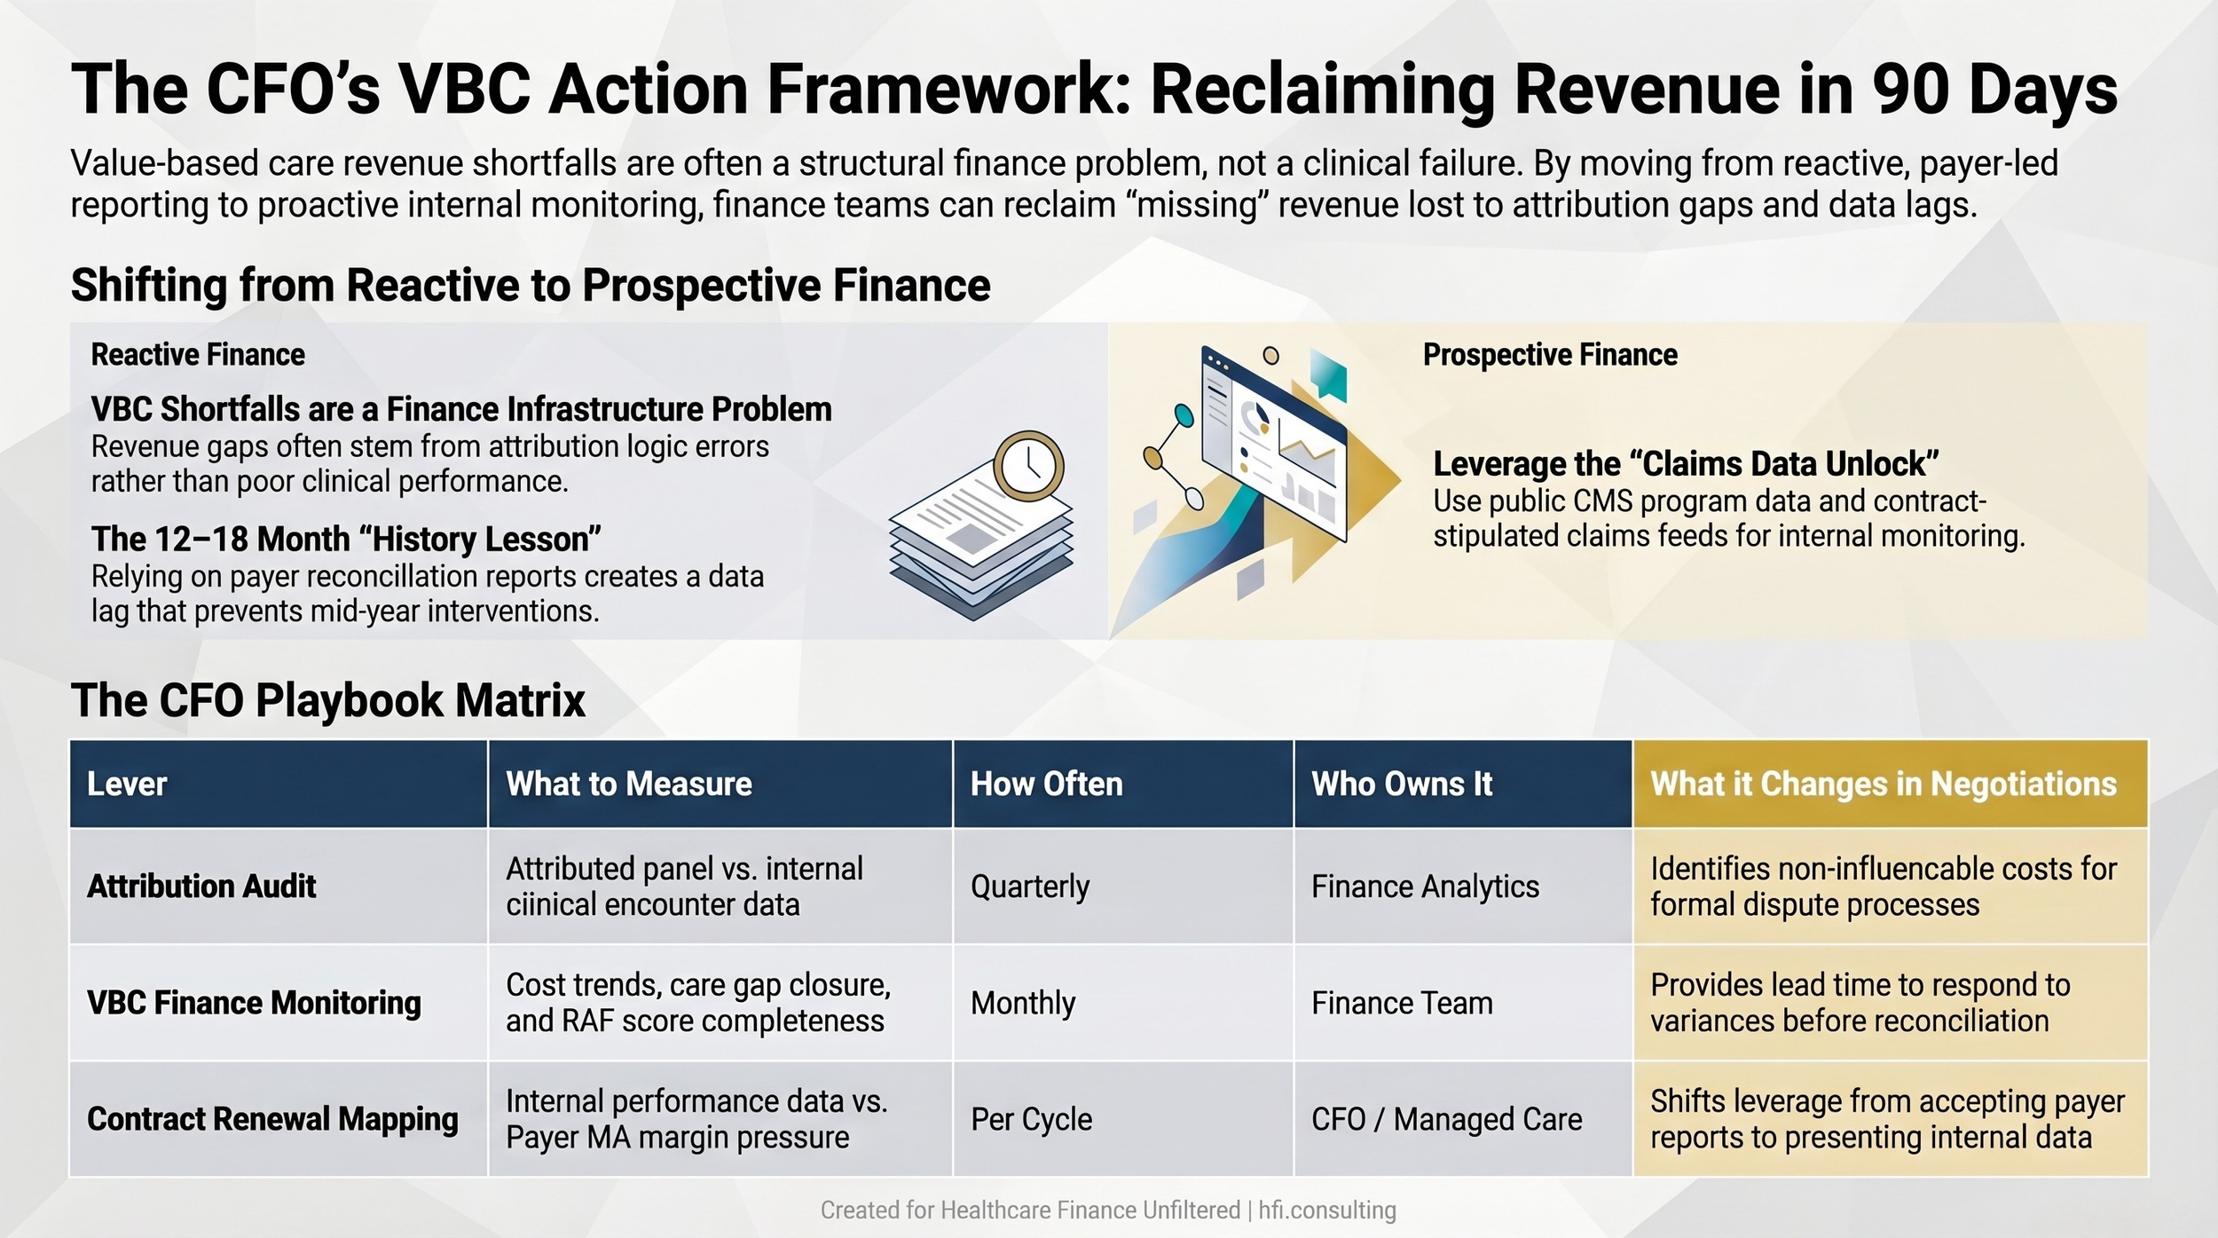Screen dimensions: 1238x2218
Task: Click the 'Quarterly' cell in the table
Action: pyautogui.click(x=1029, y=887)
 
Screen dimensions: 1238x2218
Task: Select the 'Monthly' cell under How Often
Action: pyautogui.click(x=1023, y=1003)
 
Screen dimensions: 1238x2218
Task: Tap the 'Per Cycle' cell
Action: pyautogui.click(x=1031, y=1119)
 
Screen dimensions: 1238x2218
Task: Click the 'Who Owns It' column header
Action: pyautogui.click(x=1402, y=784)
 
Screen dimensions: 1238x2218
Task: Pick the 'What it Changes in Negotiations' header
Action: pyautogui.click(x=1883, y=784)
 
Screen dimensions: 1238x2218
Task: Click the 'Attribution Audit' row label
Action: pyautogui.click(x=201, y=887)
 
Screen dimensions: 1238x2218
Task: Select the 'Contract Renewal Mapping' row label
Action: pyautogui.click(x=272, y=1119)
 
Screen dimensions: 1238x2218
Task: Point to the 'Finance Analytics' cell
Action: pyautogui.click(x=1425, y=887)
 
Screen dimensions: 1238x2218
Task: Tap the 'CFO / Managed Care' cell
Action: pyautogui.click(x=1446, y=1119)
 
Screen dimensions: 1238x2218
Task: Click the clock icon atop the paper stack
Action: pyautogui.click(x=1028, y=466)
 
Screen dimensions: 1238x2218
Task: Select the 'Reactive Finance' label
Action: pyautogui.click(x=198, y=355)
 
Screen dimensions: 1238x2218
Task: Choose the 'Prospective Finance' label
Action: pyautogui.click(x=1550, y=355)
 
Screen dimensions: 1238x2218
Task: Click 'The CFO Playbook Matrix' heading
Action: pyautogui.click(x=328, y=700)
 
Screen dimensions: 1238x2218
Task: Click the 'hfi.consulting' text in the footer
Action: pyautogui.click(x=1326, y=1210)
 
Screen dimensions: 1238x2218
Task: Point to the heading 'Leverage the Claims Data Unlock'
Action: pyautogui.click(x=1686, y=464)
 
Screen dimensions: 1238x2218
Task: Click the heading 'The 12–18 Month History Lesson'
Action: pyautogui.click(x=346, y=540)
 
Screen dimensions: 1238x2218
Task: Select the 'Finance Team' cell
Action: pyautogui.click(x=1402, y=1003)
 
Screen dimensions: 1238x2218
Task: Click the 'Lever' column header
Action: pyautogui.click(x=127, y=784)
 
